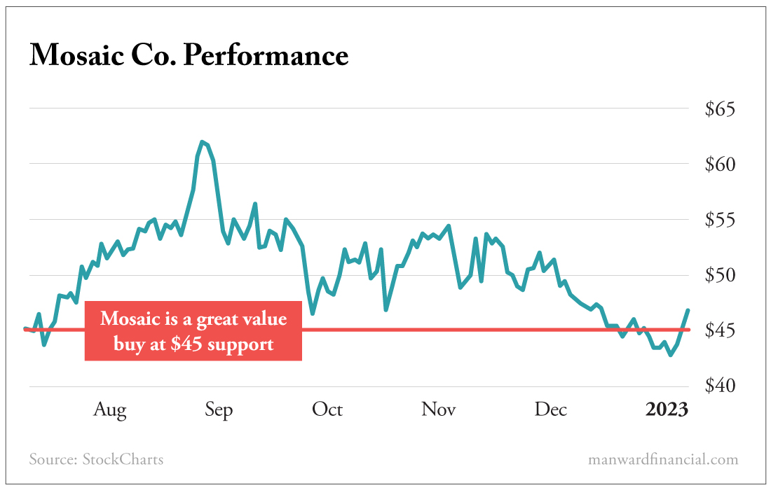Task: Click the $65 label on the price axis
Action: pos(721,110)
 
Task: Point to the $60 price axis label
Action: pos(721,165)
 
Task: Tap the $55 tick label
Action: pos(721,220)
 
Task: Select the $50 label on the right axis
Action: pos(721,276)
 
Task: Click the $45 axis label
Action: pos(721,330)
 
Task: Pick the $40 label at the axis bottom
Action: pos(721,386)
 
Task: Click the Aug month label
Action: pos(110,409)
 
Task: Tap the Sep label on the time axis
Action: pos(219,409)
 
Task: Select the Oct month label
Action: pos(327,409)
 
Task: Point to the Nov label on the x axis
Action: pos(439,409)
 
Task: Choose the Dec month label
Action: pos(551,409)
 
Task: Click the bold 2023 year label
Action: pos(667,409)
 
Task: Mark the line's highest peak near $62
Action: pos(202,142)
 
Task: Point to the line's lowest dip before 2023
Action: pos(671,355)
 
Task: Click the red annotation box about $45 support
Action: pos(193,331)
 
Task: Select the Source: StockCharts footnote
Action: pos(96,460)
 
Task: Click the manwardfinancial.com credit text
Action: pos(663,460)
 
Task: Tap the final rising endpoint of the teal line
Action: pos(688,310)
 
